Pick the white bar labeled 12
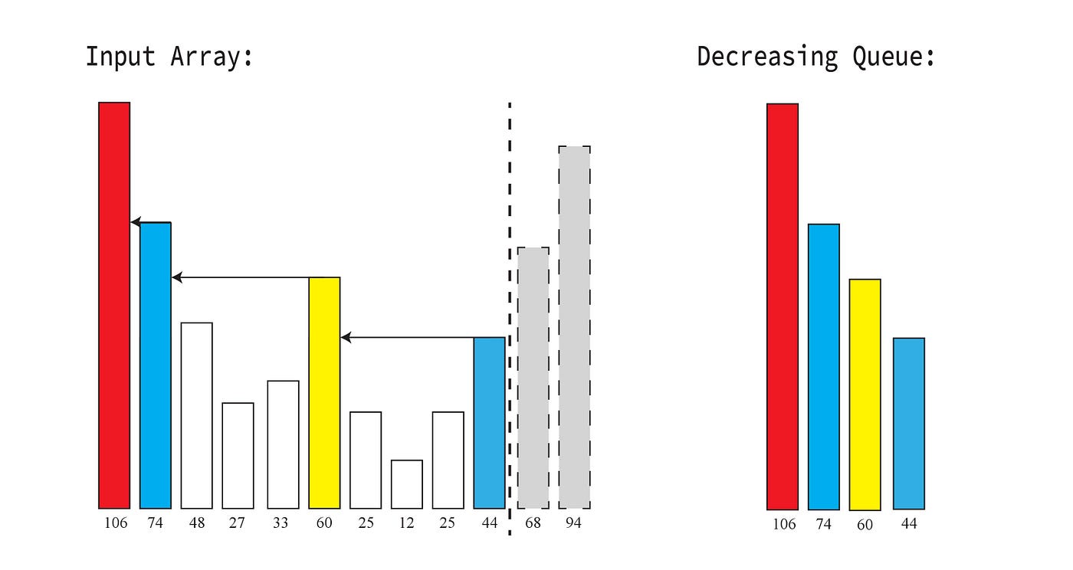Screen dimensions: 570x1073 pos(407,484)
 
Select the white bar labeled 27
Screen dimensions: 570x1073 pos(238,455)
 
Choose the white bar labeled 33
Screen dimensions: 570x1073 pos(284,444)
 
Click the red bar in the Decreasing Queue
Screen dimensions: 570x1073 pos(783,306)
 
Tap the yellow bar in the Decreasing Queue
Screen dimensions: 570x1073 pos(865,395)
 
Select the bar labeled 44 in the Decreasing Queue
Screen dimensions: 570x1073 pos(909,424)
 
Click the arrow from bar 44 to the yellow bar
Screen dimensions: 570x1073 pos(406,337)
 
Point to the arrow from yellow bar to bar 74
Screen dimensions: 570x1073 pos(240,277)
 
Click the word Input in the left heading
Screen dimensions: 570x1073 pos(118,57)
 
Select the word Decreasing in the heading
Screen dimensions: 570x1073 pos(767,57)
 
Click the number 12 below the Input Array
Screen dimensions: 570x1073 pos(406,523)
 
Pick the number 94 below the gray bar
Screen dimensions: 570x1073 pos(574,523)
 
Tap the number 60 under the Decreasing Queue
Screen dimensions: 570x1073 pos(865,525)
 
